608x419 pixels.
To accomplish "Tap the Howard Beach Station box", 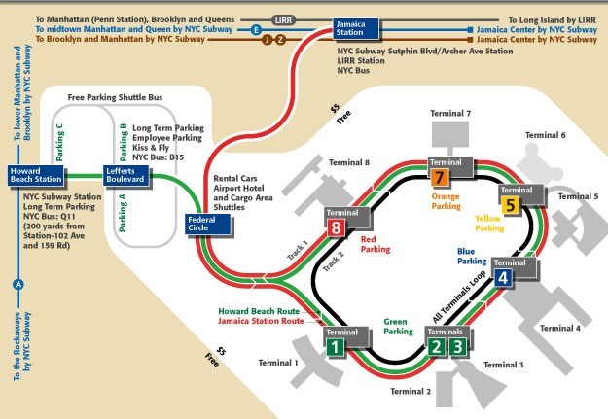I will click(x=36, y=175).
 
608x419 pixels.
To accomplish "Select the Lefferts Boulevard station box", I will click(x=125, y=175).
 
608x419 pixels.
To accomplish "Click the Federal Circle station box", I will click(x=207, y=225).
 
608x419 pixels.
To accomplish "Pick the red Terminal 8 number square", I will click(x=337, y=229).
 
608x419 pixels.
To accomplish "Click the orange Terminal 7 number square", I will click(x=440, y=177).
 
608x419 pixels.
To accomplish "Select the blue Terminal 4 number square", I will click(x=502, y=278).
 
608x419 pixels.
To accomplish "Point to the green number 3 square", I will click(x=458, y=346).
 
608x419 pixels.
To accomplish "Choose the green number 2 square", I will click(x=437, y=346).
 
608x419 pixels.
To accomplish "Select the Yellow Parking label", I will click(x=489, y=223).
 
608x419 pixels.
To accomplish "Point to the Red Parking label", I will click(x=375, y=243).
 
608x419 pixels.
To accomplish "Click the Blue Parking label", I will click(x=472, y=255).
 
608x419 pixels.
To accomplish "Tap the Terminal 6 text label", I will click(x=545, y=135).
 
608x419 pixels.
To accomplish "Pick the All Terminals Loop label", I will click(x=457, y=304).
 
